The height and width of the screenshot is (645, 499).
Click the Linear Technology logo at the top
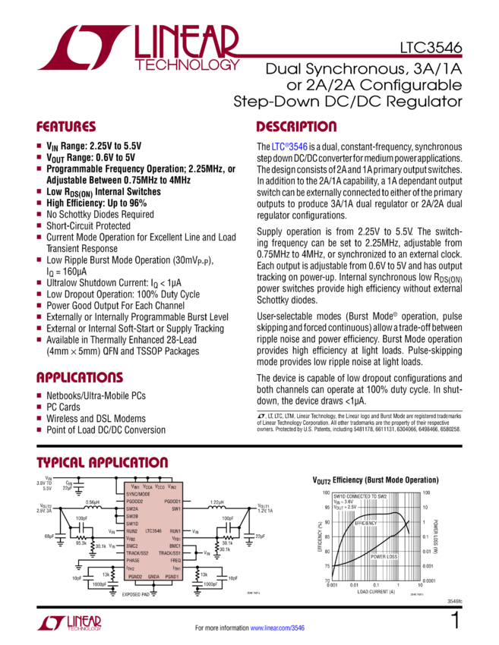[x=137, y=49]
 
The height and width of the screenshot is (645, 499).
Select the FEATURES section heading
[x=67, y=127]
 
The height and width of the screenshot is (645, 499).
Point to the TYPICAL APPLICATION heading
[x=103, y=462]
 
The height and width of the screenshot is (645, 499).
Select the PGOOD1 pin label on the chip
[x=171, y=502]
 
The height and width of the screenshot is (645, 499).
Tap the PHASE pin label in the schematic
[x=134, y=560]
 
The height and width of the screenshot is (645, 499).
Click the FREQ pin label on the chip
[x=174, y=560]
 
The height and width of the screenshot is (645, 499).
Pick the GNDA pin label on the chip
[x=153, y=577]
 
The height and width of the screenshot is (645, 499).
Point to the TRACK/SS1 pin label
[x=168, y=552]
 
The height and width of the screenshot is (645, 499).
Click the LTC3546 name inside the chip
[x=154, y=530]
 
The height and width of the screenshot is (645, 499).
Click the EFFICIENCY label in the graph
[x=365, y=524]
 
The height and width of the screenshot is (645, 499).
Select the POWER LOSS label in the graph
[x=384, y=556]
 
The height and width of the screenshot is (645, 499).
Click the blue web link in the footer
[x=277, y=628]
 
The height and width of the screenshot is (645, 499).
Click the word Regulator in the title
[x=427, y=101]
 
